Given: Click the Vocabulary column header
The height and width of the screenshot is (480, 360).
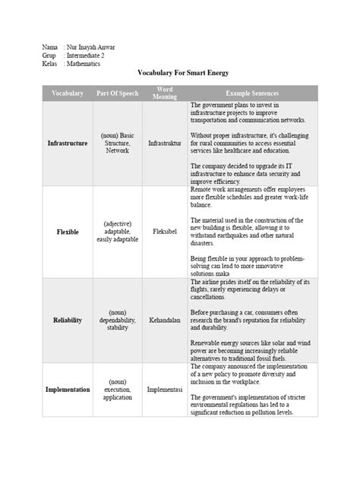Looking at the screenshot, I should tap(67, 93).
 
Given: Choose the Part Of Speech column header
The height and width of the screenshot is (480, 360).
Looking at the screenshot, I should tap(118, 93).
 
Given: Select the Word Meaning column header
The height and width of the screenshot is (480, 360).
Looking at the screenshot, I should tap(165, 93).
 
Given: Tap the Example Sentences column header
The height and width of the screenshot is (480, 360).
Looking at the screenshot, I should tap(251, 93).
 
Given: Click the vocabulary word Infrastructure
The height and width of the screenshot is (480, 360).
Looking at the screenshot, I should tap(67, 142).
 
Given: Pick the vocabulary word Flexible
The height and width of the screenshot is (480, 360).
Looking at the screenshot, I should tap(67, 231).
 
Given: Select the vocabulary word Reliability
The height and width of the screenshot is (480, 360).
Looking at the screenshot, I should tap(67, 321).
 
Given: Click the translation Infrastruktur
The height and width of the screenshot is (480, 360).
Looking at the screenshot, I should tap(165, 142).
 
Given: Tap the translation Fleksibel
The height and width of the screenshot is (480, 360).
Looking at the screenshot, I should tap(165, 231).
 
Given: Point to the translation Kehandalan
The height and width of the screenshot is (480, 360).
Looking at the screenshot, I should tap(165, 321).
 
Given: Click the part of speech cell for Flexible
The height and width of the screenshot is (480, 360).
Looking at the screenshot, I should tap(118, 232).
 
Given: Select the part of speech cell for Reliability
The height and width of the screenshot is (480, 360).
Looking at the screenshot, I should tap(118, 321).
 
